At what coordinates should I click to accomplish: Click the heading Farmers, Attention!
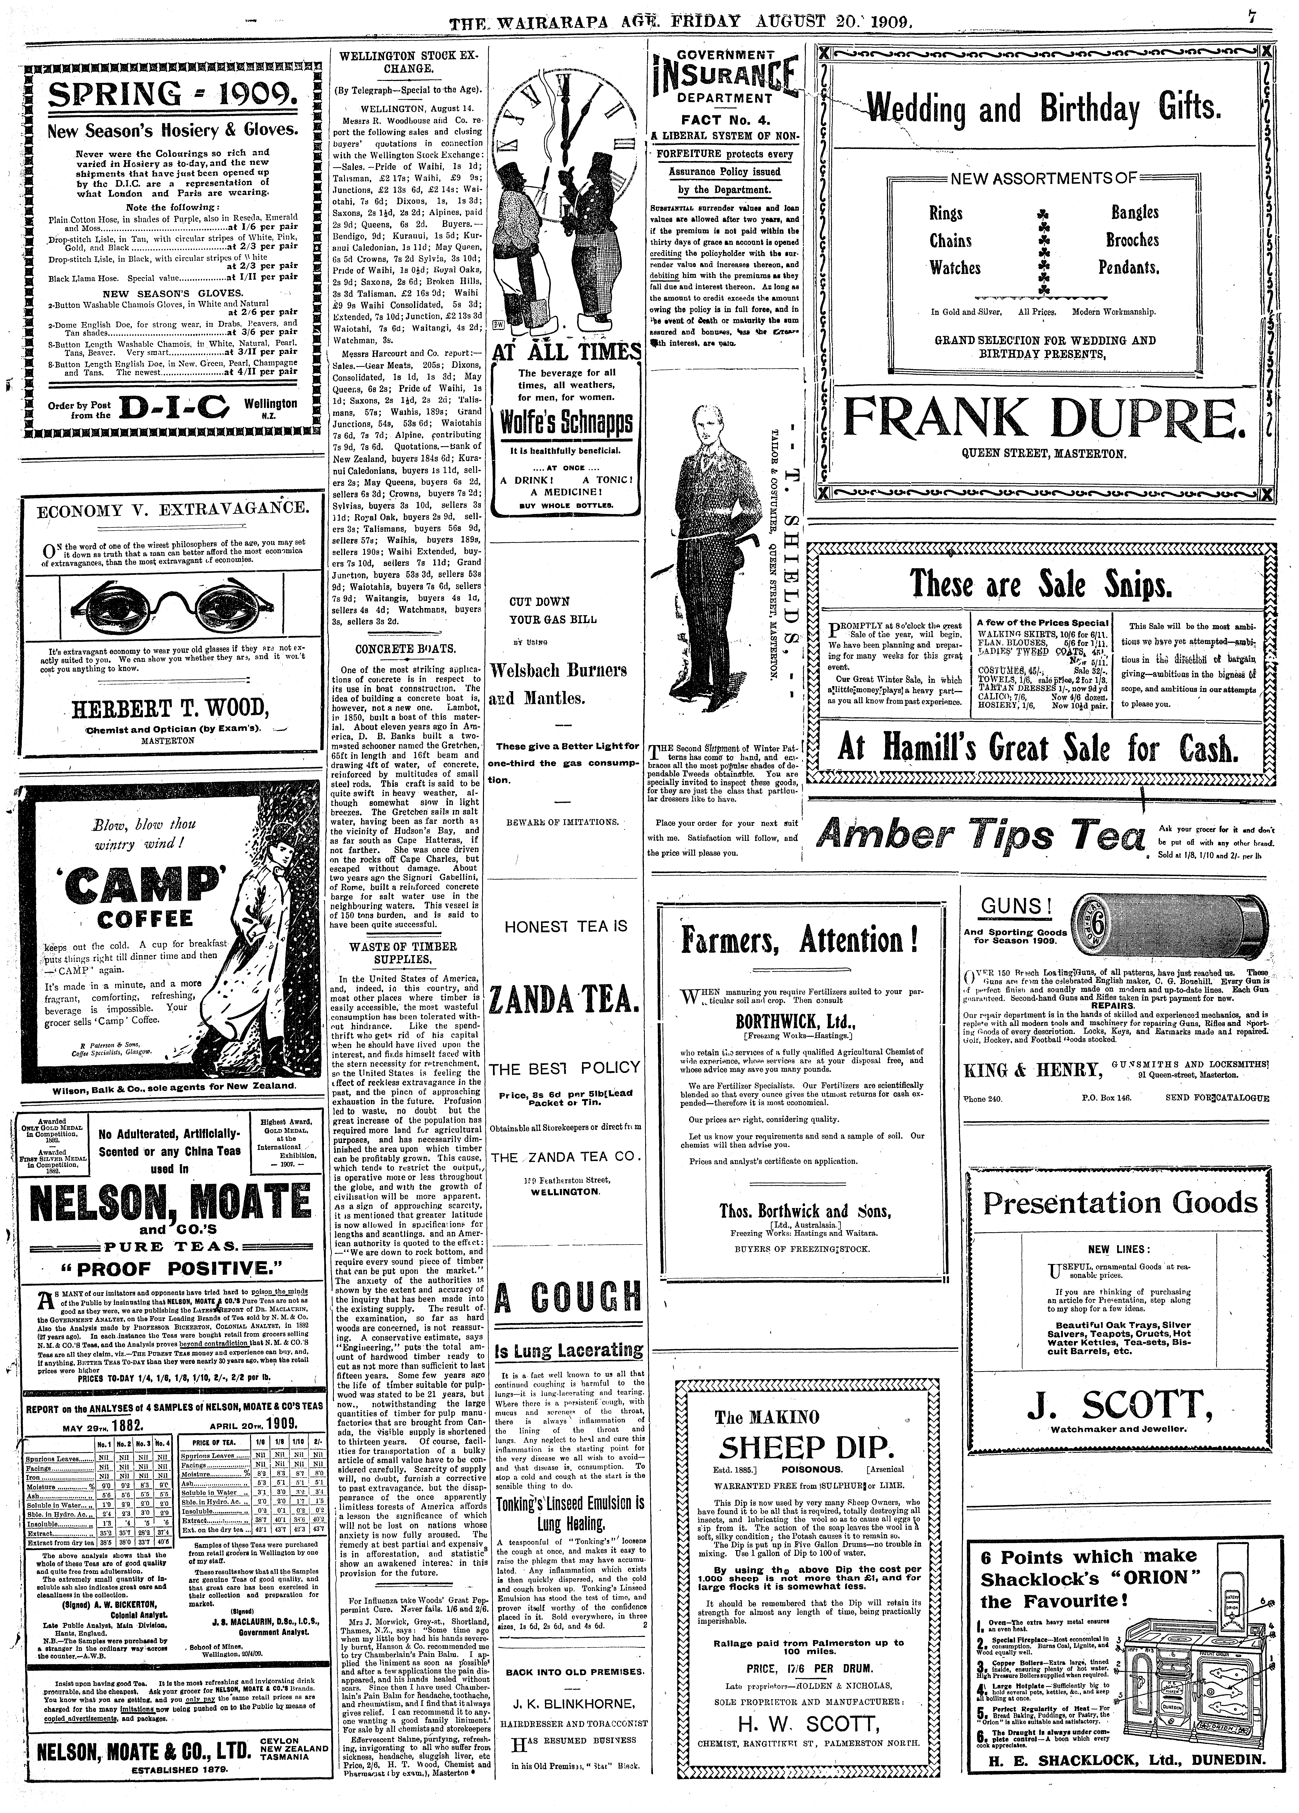[799, 939]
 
